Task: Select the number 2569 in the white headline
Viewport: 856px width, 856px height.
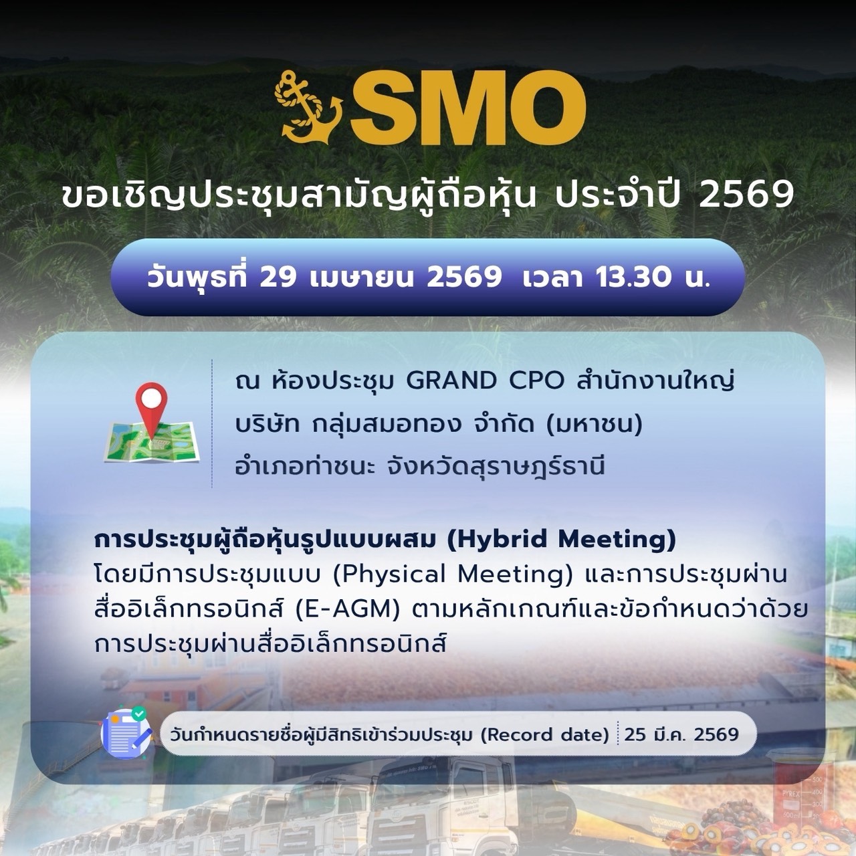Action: coord(746,197)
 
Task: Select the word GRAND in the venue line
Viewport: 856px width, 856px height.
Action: coord(451,381)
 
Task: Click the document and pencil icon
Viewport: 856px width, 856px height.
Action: coord(126,734)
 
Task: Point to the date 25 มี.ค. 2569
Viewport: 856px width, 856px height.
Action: coord(681,735)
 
